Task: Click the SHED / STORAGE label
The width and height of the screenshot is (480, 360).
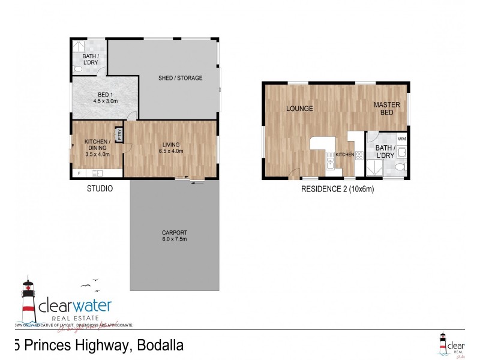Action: pos(180,78)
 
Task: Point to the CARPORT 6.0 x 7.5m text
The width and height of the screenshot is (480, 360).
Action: pos(175,236)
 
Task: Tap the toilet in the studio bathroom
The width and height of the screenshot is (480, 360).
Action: pos(77,70)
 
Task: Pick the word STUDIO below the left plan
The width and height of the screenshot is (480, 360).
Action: pos(99,188)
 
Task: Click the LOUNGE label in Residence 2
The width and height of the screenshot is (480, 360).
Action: pos(299,109)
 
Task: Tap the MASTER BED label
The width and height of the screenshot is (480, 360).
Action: pos(386,109)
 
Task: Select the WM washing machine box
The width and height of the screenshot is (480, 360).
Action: pos(401,139)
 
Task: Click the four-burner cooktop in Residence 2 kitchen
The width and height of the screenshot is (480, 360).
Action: pos(359,155)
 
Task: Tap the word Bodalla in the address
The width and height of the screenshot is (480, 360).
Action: pos(160,346)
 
